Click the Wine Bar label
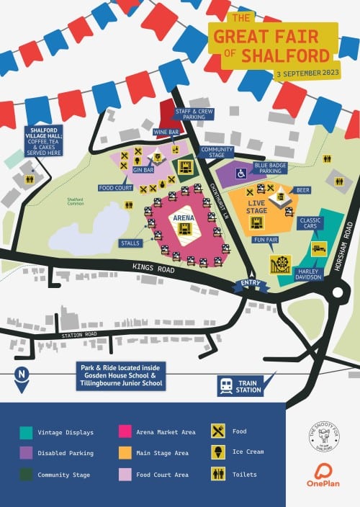click(x=166, y=133)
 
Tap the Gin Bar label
click(x=144, y=170)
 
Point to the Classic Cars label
click(x=311, y=223)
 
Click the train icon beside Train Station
click(x=226, y=386)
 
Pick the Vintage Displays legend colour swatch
click(x=26, y=432)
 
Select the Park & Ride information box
click(x=121, y=376)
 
